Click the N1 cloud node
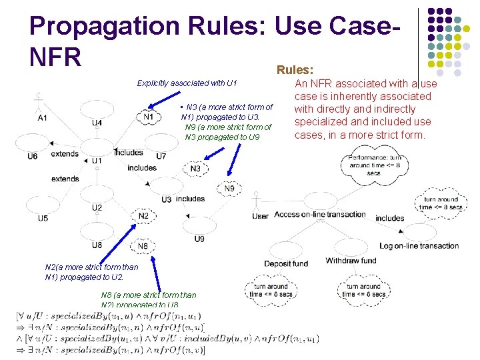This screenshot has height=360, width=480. click(148, 117)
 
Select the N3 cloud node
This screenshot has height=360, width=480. click(195, 169)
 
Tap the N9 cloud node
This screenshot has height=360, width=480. click(229, 189)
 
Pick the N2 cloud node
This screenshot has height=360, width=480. click(143, 216)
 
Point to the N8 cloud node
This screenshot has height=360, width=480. click(143, 246)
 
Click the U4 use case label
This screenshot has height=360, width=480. click(97, 123)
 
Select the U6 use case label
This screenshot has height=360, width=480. click(33, 156)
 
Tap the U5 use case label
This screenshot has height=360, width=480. click(43, 218)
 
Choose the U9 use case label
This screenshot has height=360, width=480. click(199, 239)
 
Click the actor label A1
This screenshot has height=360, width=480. click(42, 118)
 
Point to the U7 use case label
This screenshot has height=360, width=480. click(161, 156)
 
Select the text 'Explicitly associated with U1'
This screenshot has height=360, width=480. click(187, 83)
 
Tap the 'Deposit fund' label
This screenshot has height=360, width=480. click(286, 263)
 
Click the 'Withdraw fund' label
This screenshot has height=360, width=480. click(351, 261)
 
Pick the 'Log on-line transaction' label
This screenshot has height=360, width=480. click(419, 245)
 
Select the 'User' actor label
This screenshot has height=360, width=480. click(261, 216)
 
